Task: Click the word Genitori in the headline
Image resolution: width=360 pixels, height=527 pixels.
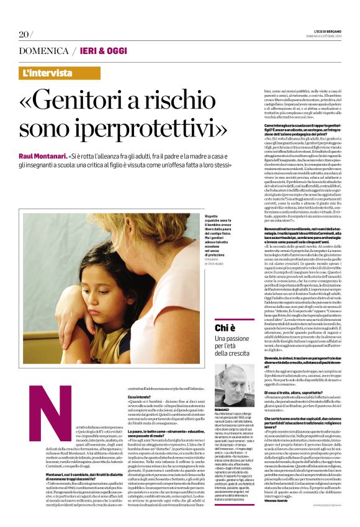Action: point(96,99)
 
